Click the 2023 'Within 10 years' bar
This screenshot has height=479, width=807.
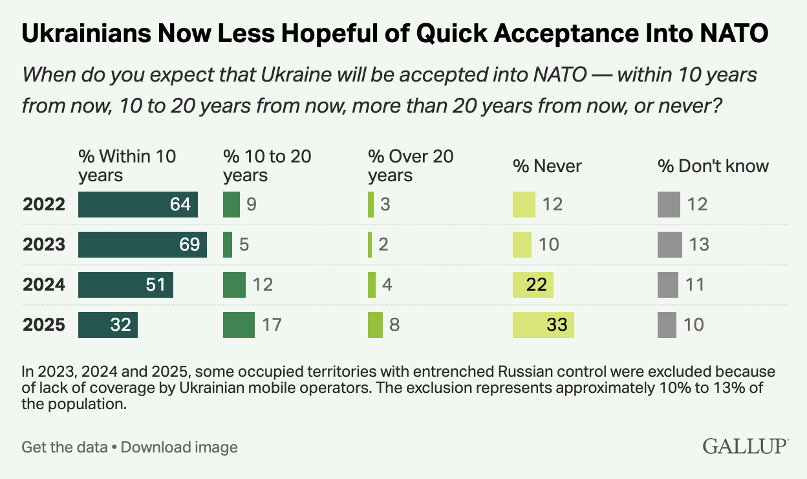(142, 245)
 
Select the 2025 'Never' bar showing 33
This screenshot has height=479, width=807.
(543, 324)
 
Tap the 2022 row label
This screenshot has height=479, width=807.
(44, 205)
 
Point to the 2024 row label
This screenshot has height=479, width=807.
(44, 285)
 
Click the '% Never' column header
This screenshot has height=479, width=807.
(547, 166)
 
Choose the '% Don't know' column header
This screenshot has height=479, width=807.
(713, 166)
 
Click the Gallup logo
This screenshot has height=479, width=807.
(745, 446)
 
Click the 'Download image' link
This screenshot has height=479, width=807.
(179, 447)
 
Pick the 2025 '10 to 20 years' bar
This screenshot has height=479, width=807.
(239, 324)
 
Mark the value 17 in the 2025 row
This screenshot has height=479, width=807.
(272, 324)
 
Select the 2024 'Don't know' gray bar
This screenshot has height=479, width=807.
(667, 285)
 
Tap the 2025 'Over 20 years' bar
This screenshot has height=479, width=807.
(375, 324)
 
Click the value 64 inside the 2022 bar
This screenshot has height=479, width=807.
(180, 205)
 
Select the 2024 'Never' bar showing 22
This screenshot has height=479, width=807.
(533, 285)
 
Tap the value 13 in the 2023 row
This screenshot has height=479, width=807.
(698, 245)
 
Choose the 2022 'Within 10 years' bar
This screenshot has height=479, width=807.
(138, 205)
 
